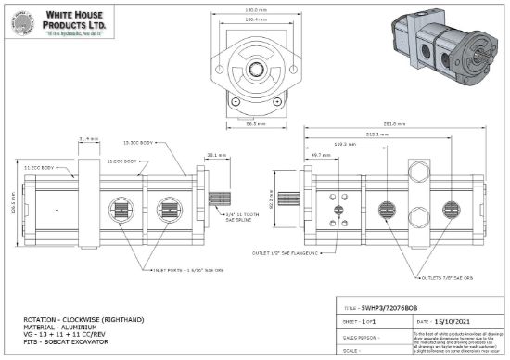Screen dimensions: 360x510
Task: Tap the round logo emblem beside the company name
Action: click(22, 24)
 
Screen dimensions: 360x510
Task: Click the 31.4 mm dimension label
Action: click(90, 138)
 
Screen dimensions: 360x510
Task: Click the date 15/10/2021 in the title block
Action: click(447, 319)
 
